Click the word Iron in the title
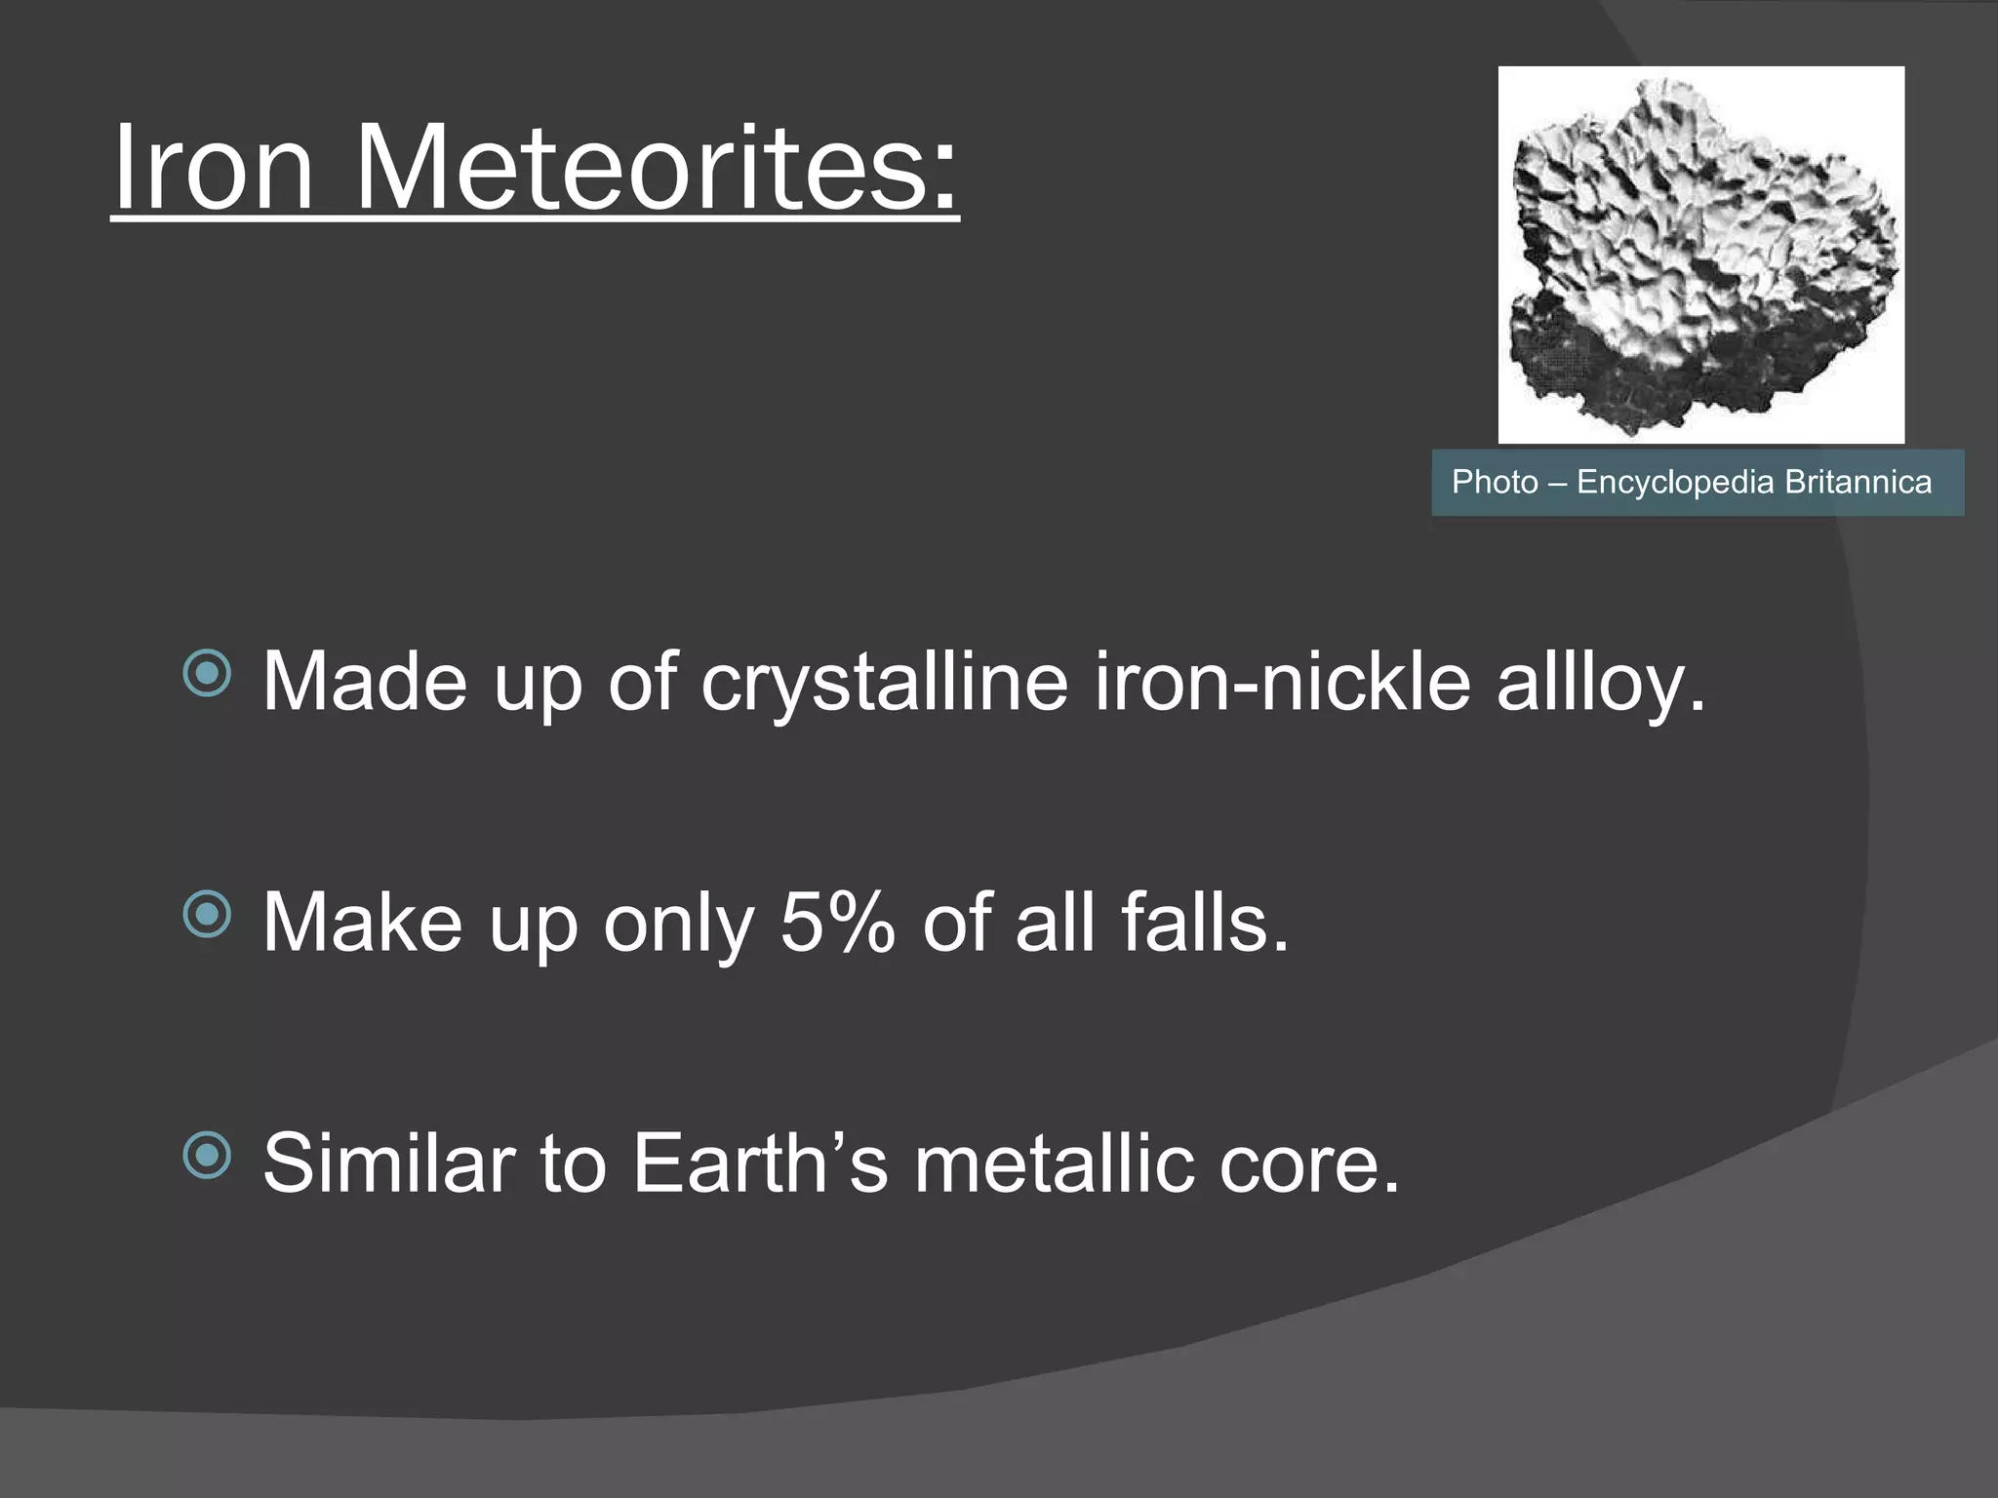point(213,167)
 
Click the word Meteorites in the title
point(656,167)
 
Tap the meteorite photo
point(1700,255)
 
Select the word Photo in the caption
point(1494,482)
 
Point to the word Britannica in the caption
point(1858,482)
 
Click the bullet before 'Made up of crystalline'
point(207,674)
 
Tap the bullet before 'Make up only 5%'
point(207,915)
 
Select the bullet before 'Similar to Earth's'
point(207,1156)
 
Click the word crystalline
point(884,682)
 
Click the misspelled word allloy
point(1600,682)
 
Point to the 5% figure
point(837,923)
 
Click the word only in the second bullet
point(679,923)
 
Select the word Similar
point(388,1163)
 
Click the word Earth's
point(761,1163)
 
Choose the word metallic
point(1054,1163)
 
